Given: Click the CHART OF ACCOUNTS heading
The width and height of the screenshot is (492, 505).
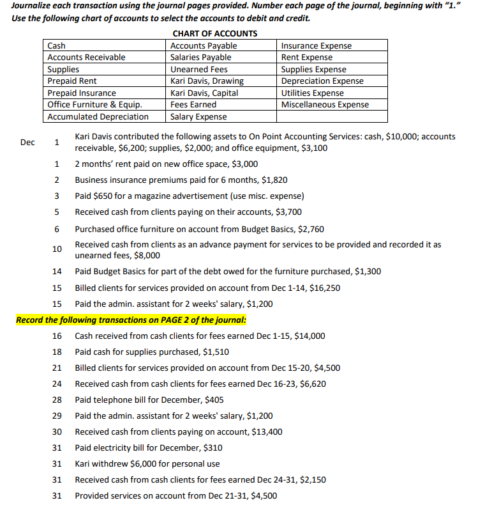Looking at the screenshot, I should (215, 33).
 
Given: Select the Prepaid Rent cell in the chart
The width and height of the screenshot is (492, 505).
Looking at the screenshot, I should (72, 81).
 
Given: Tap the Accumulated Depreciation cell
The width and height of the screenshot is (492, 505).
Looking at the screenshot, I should (98, 116).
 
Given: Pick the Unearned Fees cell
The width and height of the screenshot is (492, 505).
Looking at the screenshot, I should (199, 69).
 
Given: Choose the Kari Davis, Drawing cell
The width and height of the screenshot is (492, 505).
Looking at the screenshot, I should (207, 81).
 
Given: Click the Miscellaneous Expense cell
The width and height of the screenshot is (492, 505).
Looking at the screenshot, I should (325, 104).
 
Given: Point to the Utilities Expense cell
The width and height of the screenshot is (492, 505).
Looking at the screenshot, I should (313, 93).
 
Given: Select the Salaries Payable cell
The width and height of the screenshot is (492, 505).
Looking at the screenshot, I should (201, 58).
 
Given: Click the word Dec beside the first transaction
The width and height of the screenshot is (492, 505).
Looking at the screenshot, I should (27, 143).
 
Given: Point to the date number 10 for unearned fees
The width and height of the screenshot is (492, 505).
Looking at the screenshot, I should (57, 249).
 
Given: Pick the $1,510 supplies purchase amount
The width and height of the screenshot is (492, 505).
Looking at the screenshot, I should (216, 352).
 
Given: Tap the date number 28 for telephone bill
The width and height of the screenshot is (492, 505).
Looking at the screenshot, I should (57, 400).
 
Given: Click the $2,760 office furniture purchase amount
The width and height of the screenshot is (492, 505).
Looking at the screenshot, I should (311, 229).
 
